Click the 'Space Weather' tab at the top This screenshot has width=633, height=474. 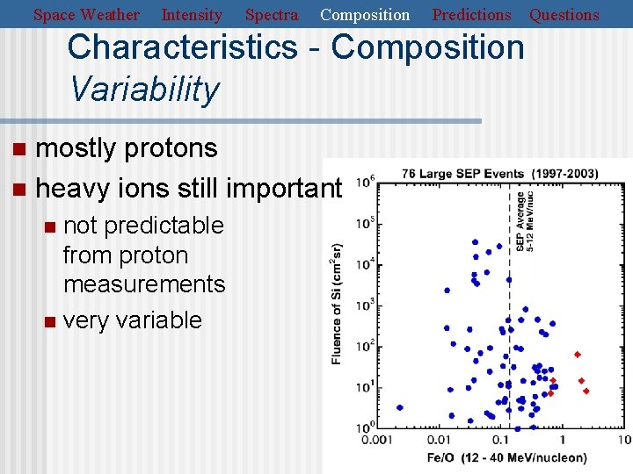click(86, 15)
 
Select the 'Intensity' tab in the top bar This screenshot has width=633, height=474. click(192, 15)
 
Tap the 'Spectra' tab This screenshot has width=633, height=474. click(271, 15)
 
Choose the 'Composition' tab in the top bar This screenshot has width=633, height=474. click(365, 15)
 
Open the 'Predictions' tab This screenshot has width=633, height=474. click(471, 15)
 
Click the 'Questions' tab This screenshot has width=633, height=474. click(564, 15)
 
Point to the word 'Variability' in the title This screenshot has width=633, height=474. click(144, 89)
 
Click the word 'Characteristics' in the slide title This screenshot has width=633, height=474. click(182, 47)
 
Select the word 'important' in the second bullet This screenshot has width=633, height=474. click(283, 188)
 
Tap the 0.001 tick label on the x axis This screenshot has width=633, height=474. click(376, 440)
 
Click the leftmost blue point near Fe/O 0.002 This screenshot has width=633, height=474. click(400, 407)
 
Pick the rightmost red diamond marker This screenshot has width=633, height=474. click(586, 391)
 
